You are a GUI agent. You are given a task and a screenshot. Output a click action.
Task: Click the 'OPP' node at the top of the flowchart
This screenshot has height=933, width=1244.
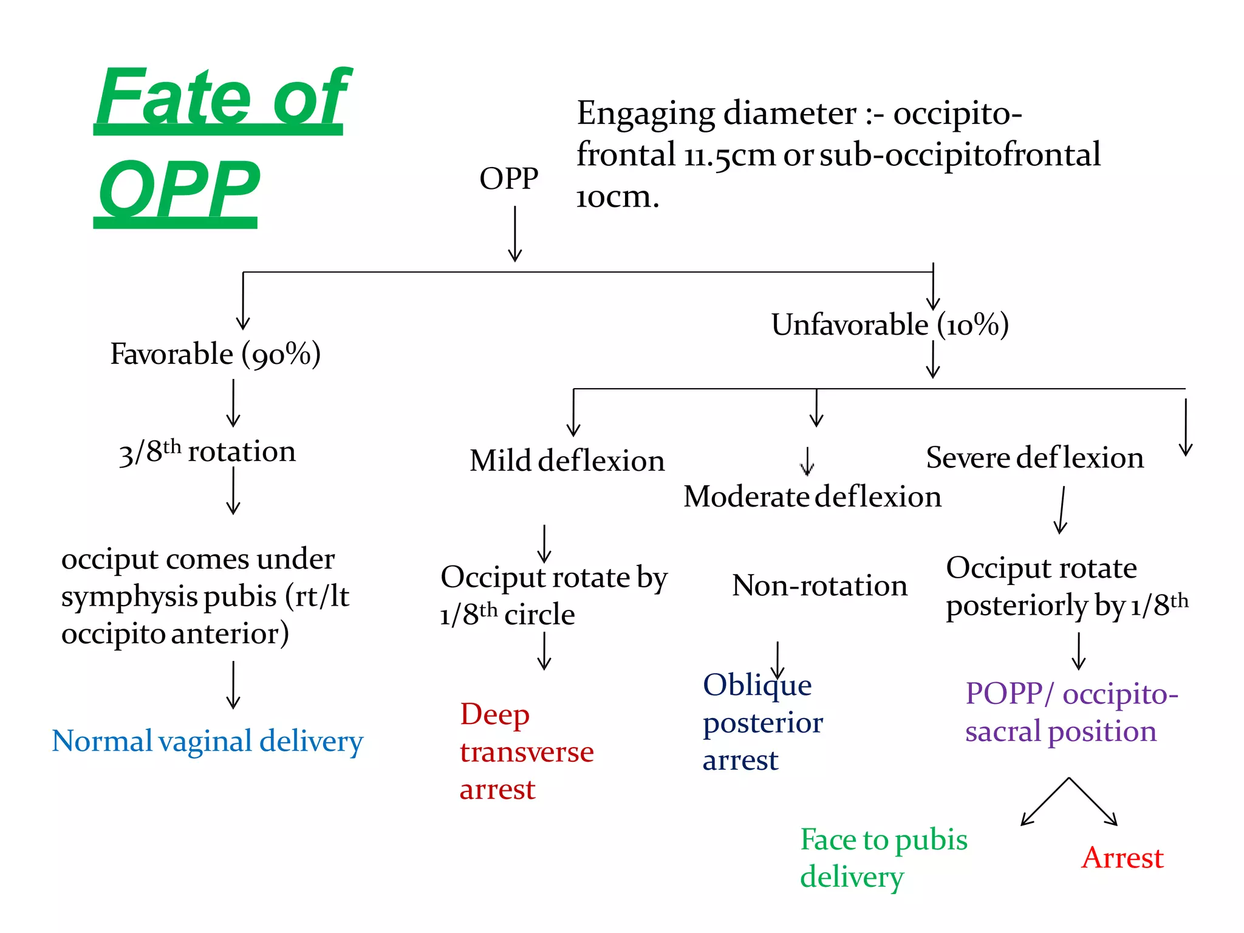[x=508, y=179]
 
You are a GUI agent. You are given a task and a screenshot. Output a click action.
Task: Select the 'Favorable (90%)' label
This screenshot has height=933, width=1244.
[x=216, y=354]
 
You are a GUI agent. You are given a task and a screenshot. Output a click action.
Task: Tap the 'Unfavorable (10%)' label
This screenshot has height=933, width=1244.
[x=890, y=325]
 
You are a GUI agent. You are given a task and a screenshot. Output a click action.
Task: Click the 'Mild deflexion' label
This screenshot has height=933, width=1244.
[x=567, y=461]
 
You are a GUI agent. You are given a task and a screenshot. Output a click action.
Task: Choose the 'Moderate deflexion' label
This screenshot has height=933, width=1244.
[x=812, y=497]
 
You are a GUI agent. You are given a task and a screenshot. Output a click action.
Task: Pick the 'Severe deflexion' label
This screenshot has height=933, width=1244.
[x=1034, y=458]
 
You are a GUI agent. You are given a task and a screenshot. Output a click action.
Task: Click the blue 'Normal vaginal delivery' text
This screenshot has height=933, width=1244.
[x=207, y=742]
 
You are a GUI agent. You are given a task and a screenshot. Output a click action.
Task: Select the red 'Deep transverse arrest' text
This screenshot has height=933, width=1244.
[x=526, y=752]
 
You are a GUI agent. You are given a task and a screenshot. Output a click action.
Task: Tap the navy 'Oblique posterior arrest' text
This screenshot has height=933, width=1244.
[x=762, y=723]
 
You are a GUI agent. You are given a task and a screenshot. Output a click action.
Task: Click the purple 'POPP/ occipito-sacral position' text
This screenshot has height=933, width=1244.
[x=1071, y=713]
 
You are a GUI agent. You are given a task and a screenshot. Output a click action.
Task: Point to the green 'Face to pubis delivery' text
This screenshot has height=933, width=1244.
[x=883, y=858]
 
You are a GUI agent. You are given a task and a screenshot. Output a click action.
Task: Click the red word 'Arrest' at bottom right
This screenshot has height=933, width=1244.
[x=1122, y=858]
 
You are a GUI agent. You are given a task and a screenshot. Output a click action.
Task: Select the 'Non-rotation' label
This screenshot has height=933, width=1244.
[x=819, y=586]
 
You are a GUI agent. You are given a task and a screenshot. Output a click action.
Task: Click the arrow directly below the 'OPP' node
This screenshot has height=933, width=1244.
[x=515, y=234]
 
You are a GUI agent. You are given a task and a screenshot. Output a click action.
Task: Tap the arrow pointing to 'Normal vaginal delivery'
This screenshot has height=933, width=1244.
[x=233, y=685]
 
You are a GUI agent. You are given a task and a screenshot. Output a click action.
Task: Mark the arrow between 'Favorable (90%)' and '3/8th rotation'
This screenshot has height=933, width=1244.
[x=233, y=403]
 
